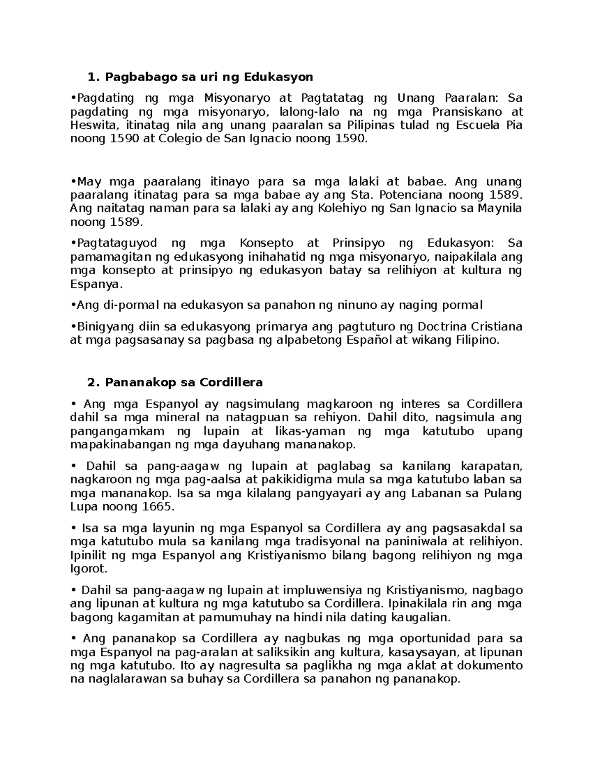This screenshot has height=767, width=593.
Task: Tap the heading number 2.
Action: [90, 382]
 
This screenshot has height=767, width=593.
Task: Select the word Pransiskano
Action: [467, 112]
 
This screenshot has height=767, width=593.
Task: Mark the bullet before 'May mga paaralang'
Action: [73, 181]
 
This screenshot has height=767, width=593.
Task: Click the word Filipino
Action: [474, 340]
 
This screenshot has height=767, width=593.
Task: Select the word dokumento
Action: [492, 665]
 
